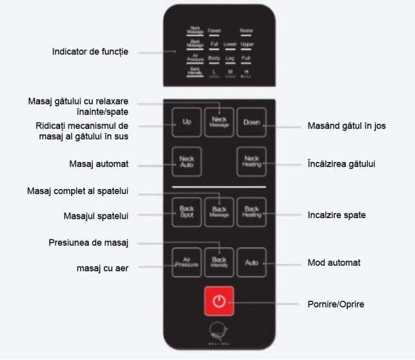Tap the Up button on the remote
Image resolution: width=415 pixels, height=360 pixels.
[x=185, y=122]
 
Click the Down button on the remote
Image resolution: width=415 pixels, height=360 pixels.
[x=250, y=122]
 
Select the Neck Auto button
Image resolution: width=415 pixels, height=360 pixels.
[x=185, y=161]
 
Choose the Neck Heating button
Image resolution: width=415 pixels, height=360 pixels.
[x=250, y=161]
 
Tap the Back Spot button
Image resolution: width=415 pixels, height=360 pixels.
[x=185, y=211]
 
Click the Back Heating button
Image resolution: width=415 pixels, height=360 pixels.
[x=250, y=211]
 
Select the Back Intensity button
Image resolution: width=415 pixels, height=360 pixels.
[x=219, y=262]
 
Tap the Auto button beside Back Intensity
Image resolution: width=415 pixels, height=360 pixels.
[x=250, y=262]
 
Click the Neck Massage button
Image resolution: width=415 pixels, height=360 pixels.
[x=219, y=122]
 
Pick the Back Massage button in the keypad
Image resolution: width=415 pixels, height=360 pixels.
[x=219, y=211]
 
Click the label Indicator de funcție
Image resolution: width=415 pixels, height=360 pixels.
[x=90, y=52]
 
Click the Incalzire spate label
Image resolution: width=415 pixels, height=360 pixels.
[x=337, y=215]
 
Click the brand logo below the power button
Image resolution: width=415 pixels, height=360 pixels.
[x=219, y=334]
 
